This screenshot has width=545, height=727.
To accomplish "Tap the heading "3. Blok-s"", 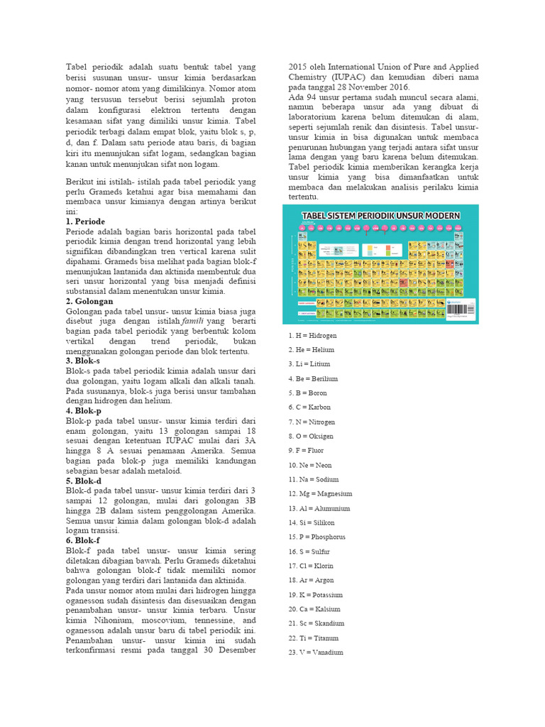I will (x=83, y=361).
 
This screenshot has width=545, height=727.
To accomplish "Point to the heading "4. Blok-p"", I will (x=84, y=410).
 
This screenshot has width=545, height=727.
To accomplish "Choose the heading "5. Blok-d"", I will (x=84, y=481).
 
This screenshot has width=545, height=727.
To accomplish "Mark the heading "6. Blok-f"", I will (x=83, y=540).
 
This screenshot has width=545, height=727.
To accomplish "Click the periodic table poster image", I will (x=380, y=263).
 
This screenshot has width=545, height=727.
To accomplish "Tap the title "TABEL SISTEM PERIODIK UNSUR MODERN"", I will (x=382, y=215).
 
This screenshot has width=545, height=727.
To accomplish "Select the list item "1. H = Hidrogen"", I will (x=312, y=335).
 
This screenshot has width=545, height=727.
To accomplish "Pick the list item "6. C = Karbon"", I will (x=309, y=408).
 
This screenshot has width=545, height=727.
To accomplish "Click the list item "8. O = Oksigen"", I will (x=311, y=436).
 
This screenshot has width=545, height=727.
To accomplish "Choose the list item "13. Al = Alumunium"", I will (x=319, y=508).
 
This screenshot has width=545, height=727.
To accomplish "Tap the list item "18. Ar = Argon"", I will (x=312, y=580).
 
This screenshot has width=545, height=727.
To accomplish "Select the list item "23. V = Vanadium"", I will (x=316, y=652).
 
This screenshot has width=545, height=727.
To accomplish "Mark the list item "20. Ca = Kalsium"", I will (x=314, y=609).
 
